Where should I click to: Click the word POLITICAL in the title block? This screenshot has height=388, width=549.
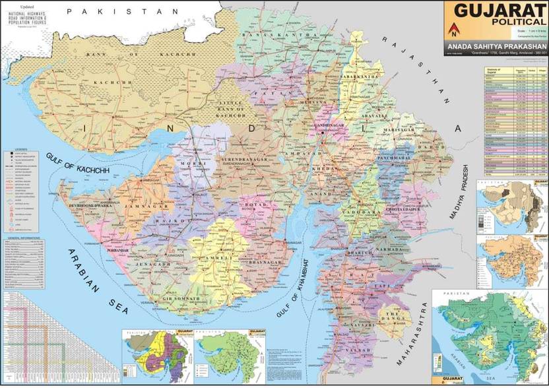point(517,22)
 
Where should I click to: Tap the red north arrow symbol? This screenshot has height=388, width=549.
point(453,28)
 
